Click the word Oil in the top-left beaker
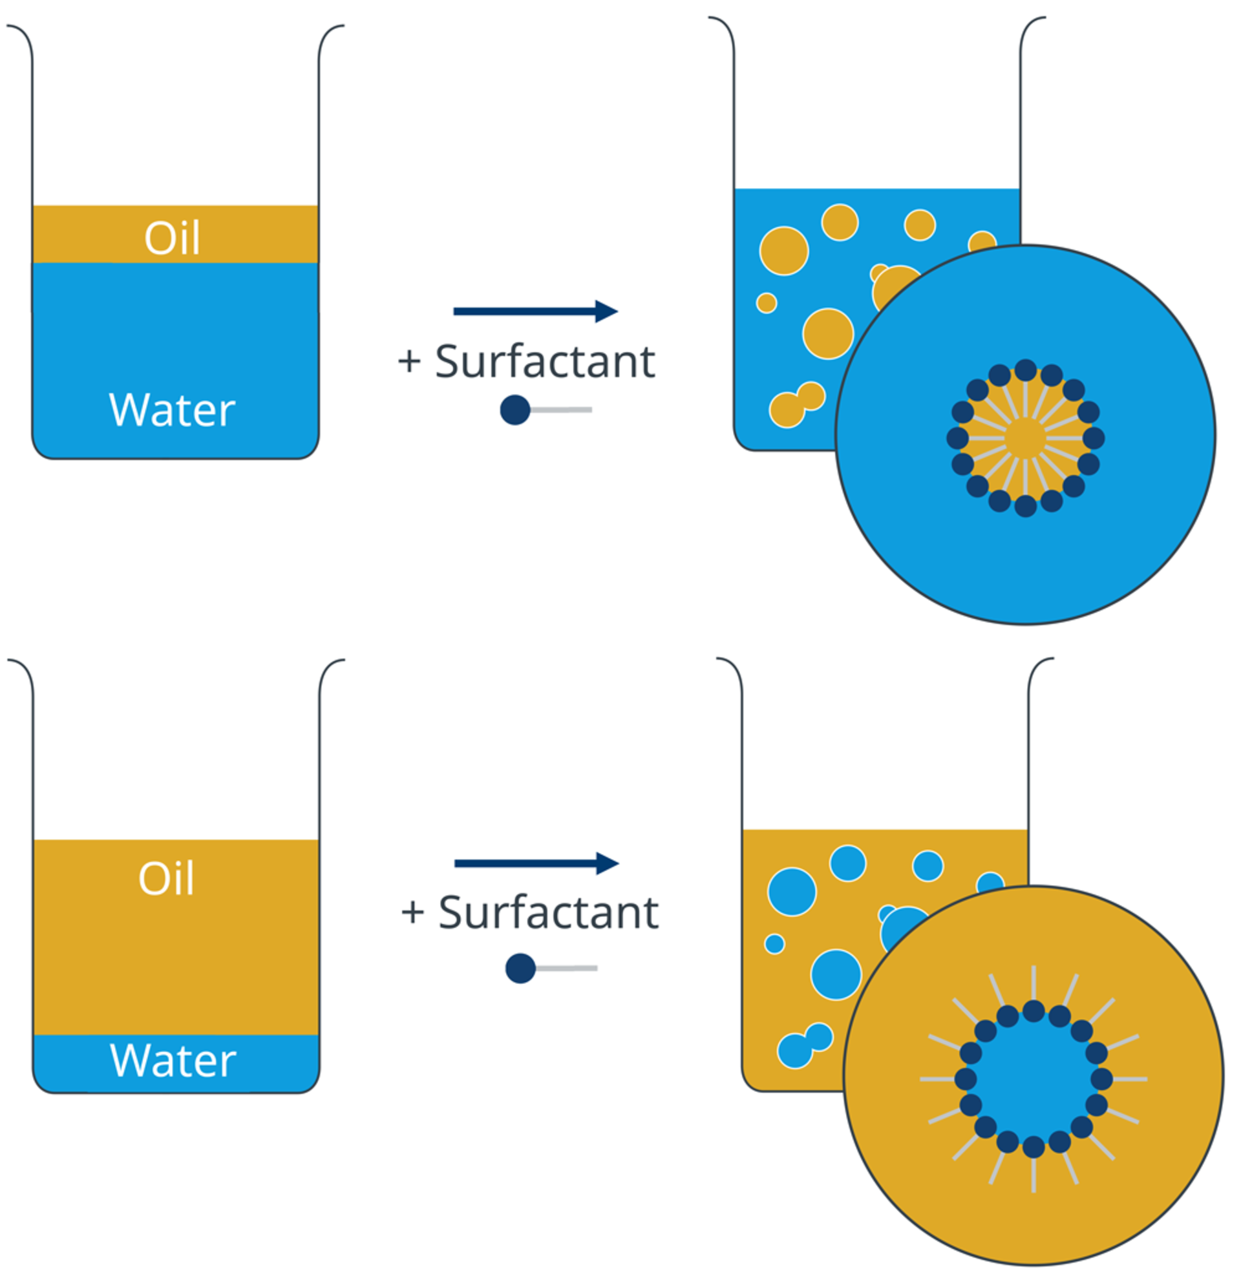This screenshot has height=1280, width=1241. tap(173, 238)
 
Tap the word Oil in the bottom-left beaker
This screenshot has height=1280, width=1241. tap(167, 878)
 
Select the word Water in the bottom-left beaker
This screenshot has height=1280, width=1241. tap(173, 1060)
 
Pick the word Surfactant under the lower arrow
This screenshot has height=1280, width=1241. tap(549, 912)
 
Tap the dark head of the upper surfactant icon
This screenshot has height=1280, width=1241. tap(514, 410)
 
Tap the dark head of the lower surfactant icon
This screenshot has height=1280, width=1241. tap(520, 969)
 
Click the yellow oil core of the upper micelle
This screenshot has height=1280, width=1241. tap(1026, 438)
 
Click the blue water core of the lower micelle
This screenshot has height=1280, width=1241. tap(1034, 1080)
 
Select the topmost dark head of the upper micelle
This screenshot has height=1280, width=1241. tap(1026, 370)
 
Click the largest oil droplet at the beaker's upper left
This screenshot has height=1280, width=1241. tap(784, 251)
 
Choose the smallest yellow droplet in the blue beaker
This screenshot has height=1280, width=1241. tap(766, 303)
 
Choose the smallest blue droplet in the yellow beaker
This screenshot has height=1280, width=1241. tap(774, 944)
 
